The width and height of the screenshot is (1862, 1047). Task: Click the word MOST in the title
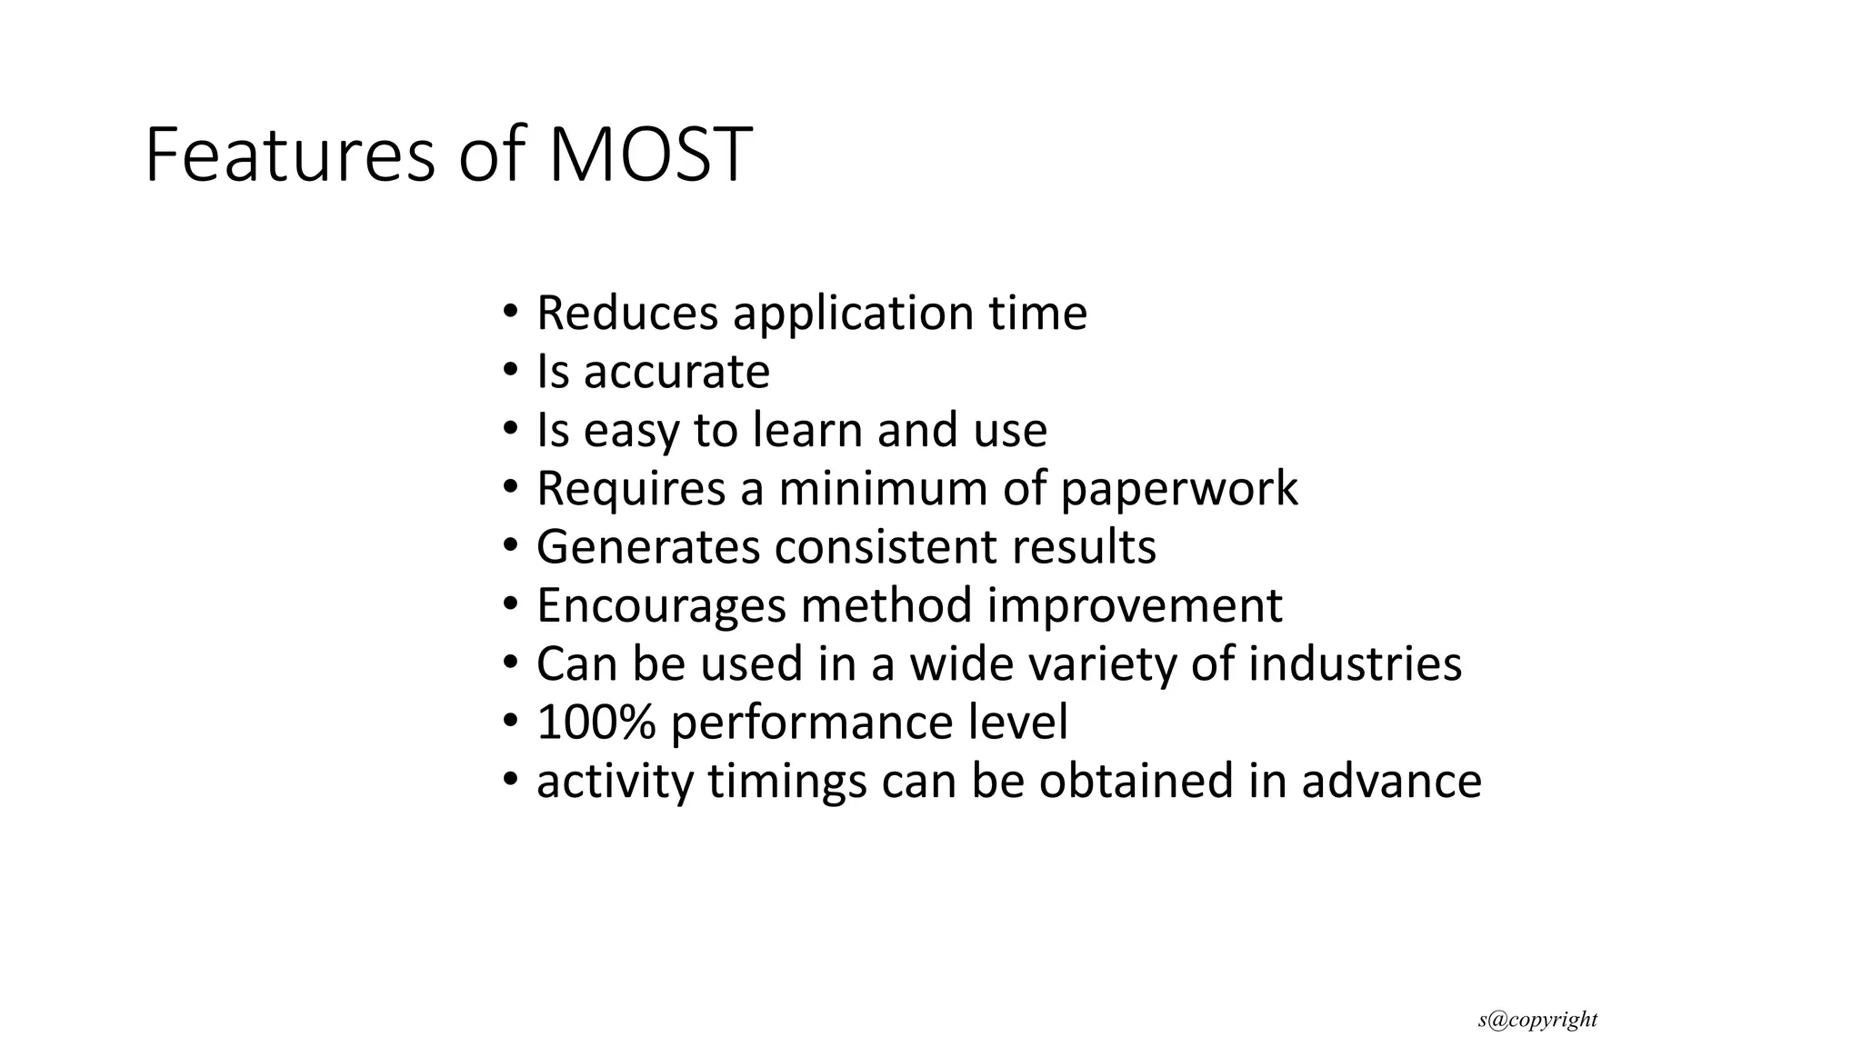point(650,155)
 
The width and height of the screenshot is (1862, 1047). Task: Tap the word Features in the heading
point(290,155)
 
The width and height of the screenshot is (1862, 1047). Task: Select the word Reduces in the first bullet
point(627,313)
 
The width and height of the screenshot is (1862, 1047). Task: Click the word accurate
point(676,372)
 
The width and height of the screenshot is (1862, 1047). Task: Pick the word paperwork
point(1178,489)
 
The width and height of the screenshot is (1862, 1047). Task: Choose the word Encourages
point(660,606)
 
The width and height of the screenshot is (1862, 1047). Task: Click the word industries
point(1355,664)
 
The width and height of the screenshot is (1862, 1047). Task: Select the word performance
point(806,723)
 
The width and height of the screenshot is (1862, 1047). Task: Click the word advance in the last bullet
point(1391,782)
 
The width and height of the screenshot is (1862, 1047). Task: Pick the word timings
point(787,782)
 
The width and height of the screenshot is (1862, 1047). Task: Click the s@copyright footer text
point(1537,1020)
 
